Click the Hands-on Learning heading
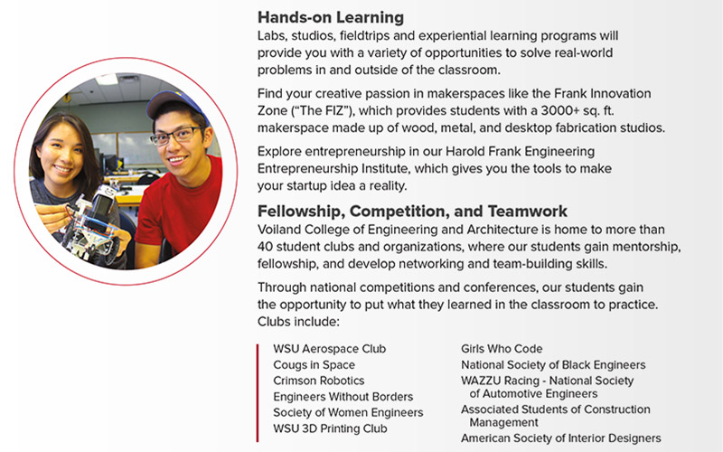click(331, 17)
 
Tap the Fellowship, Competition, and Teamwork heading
click(412, 212)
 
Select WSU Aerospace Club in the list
click(329, 349)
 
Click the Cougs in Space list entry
click(314, 365)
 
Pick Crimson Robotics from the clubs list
click(319, 381)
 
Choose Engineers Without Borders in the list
click(343, 397)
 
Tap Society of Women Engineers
click(348, 412)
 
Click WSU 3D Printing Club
click(330, 428)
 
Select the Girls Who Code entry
click(502, 349)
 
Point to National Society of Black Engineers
click(553, 365)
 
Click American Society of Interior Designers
click(560, 438)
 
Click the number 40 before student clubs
click(265, 247)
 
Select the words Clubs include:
click(298, 322)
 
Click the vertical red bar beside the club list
click(258, 393)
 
